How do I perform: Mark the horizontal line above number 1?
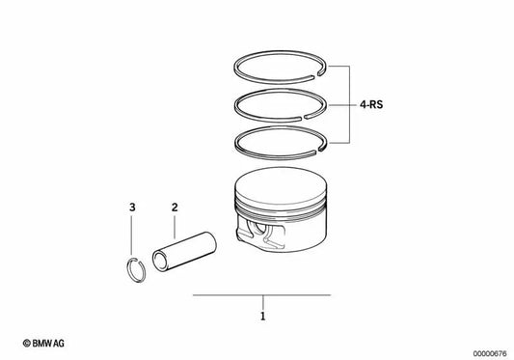261,294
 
